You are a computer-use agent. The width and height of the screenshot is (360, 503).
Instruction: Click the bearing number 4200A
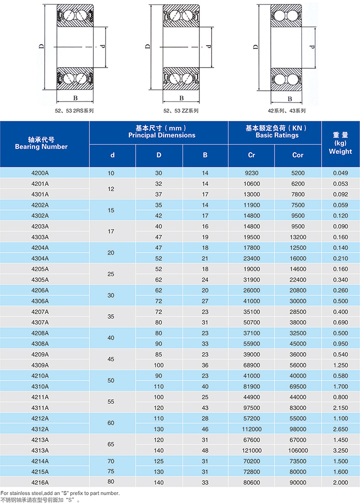[x=45, y=173]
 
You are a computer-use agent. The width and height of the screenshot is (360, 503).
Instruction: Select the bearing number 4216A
[x=45, y=483]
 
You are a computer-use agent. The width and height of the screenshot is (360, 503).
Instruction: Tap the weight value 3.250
[x=341, y=450]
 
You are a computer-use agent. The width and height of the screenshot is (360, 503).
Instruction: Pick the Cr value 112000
[x=251, y=429]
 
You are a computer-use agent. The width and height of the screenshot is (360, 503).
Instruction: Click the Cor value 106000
[x=298, y=450]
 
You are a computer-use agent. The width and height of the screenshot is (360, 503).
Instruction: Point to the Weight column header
[x=341, y=144]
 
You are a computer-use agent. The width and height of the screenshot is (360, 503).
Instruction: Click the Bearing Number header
[x=45, y=144]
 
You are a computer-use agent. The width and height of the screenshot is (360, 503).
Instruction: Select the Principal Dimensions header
[x=159, y=132]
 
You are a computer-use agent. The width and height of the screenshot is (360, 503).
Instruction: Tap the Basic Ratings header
[x=275, y=132]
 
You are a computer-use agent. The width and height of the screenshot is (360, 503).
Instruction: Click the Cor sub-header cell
[x=298, y=155]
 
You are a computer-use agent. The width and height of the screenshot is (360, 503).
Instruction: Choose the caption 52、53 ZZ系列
[x=181, y=111]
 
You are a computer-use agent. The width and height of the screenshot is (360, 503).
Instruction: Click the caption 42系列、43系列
[x=290, y=111]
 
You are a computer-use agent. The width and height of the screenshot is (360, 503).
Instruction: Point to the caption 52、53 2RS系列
[x=74, y=111]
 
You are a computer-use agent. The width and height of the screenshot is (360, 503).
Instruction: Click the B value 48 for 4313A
[x=205, y=450]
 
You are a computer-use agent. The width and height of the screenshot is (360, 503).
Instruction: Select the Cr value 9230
[x=251, y=173]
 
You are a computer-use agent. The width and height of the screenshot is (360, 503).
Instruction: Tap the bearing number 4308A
[x=45, y=343]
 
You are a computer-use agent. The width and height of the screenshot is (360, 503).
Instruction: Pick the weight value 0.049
[x=341, y=173]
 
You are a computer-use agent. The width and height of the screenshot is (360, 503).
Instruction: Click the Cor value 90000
[x=298, y=483]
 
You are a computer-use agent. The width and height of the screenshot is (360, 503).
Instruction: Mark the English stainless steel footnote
[x=60, y=493]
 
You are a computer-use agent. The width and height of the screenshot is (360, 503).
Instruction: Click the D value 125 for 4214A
[x=159, y=461]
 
